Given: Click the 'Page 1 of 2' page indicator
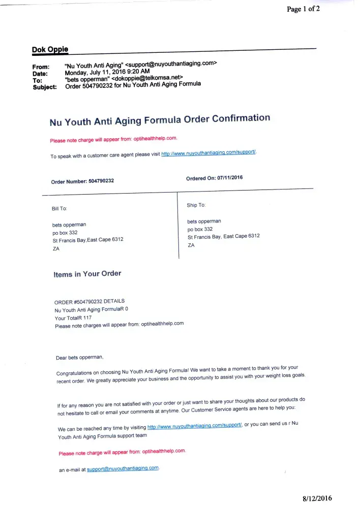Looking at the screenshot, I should pos(303,9).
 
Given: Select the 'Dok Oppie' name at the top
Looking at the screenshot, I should pos(50,50).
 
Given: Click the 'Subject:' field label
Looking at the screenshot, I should pos(45,87).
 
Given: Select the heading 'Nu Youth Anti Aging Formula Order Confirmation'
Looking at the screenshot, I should pos(160,120).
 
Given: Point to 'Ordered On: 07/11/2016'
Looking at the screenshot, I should pos(215,178).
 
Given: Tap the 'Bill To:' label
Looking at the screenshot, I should pos(59,208).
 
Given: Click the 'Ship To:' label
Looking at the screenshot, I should pos(196,205).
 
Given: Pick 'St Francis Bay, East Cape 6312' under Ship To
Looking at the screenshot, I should pos(223,237).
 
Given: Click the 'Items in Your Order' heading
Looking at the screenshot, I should pos(87,274).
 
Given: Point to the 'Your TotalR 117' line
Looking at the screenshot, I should pos(70,318).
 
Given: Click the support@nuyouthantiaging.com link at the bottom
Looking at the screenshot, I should pos(123,468).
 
